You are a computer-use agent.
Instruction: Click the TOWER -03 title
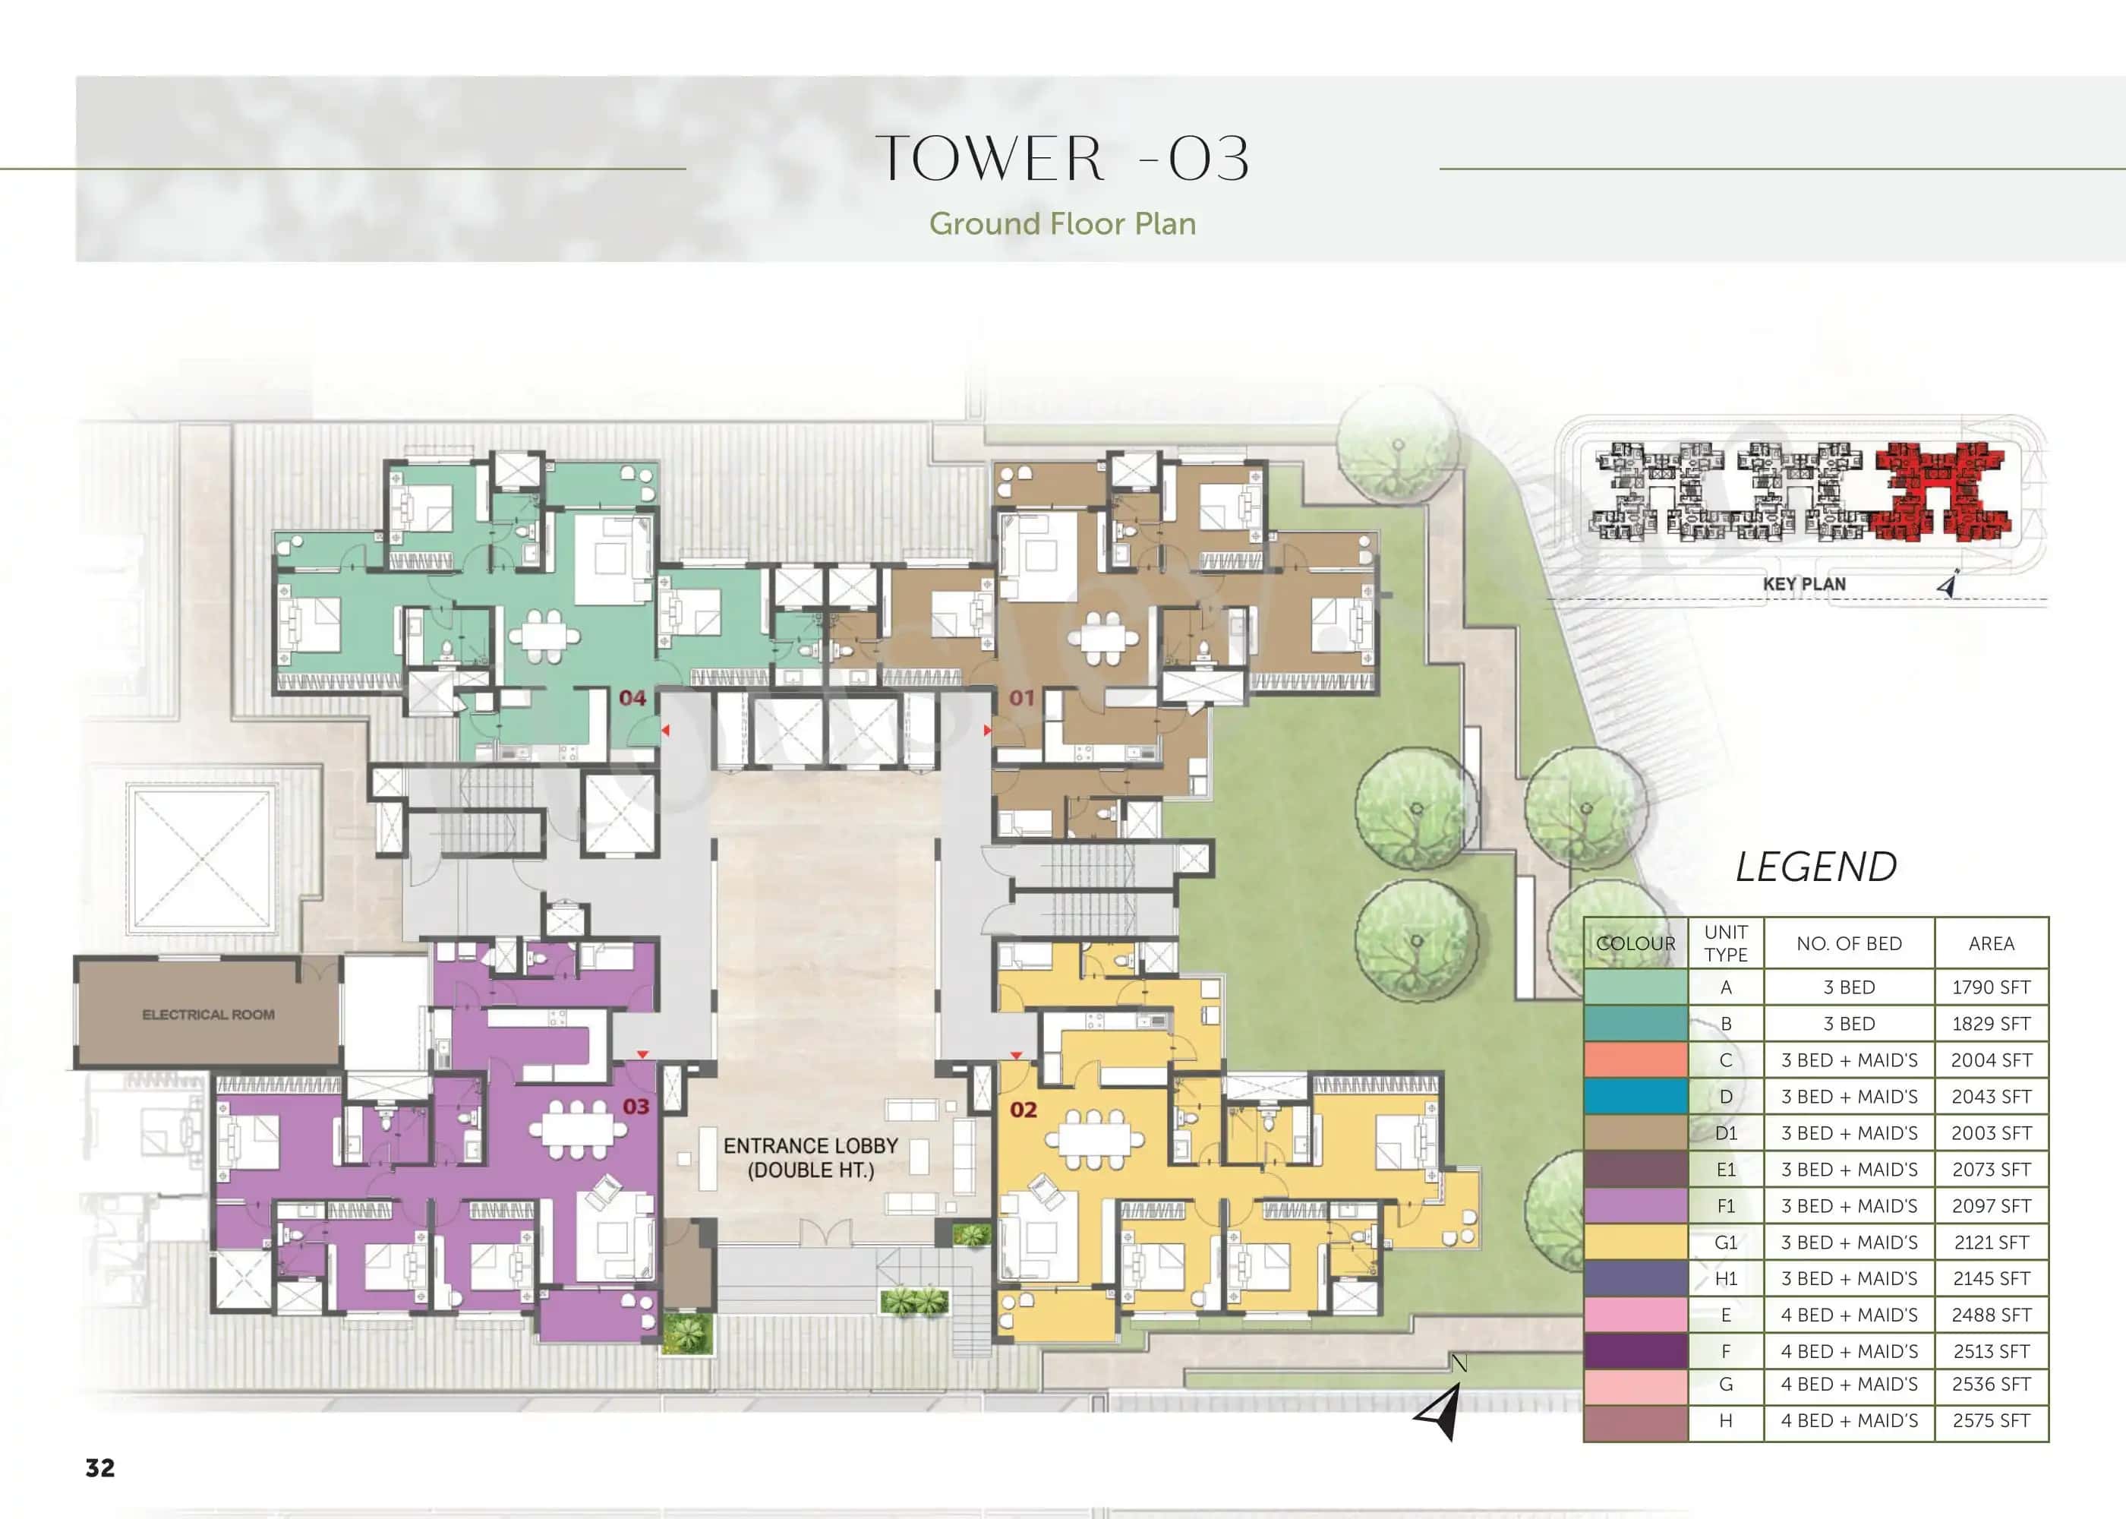coord(1062,158)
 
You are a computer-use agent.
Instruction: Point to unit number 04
coord(632,698)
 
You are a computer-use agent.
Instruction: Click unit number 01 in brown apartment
coord(1022,698)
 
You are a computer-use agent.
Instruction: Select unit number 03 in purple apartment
coord(636,1107)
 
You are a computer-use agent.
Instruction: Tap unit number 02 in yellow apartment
coord(1023,1110)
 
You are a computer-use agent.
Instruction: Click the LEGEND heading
coord(1815,867)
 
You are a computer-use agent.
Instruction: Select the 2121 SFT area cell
coord(1990,1242)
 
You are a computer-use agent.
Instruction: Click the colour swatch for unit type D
coord(1636,1096)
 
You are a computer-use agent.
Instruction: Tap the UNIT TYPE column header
coord(1725,944)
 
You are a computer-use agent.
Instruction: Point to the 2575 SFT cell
coord(1990,1421)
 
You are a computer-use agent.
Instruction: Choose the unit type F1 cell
coord(1725,1205)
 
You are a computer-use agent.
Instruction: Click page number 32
coord(100,1467)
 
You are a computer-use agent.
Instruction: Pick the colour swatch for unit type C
coord(1636,1060)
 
